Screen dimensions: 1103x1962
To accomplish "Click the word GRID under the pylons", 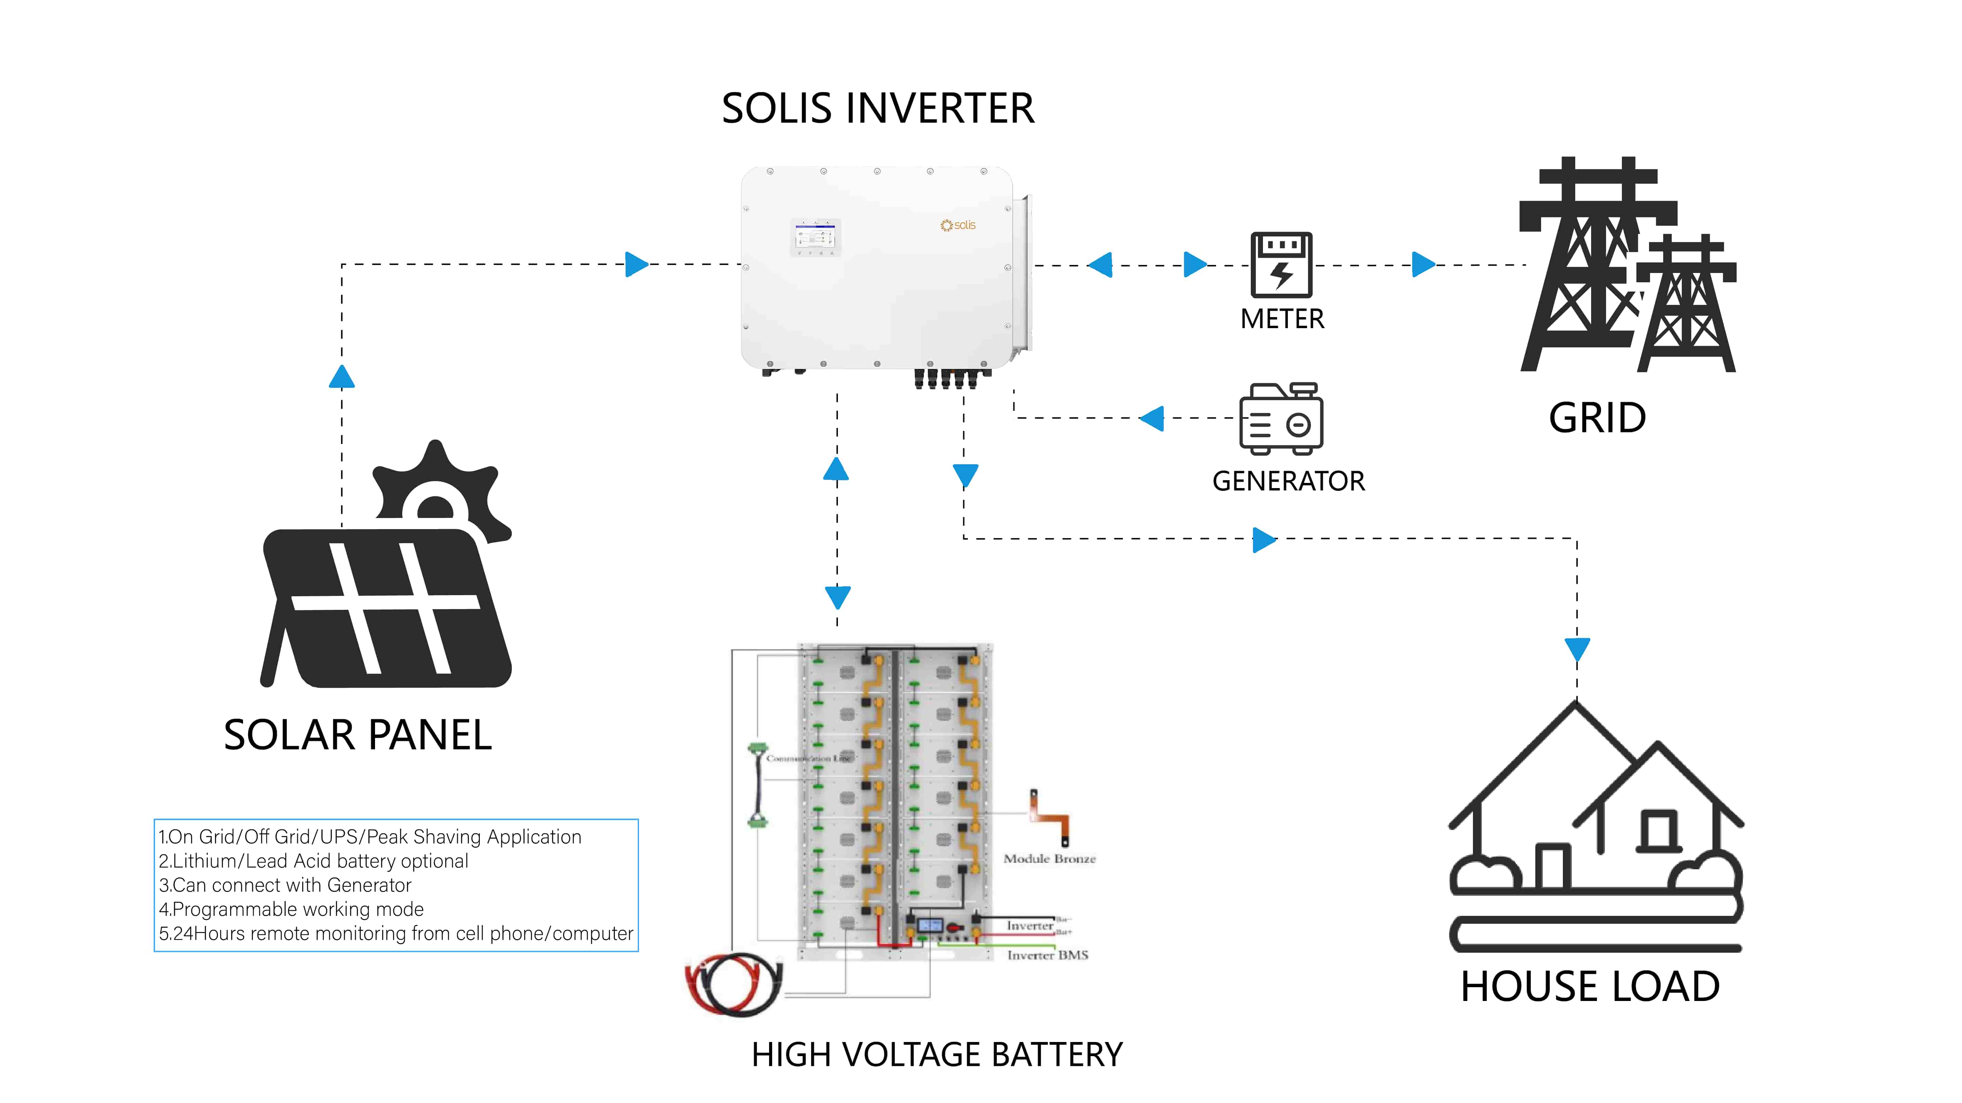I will click(1597, 418).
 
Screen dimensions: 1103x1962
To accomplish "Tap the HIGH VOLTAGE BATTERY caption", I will click(937, 1055).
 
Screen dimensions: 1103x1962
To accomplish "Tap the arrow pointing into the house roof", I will click(1577, 650).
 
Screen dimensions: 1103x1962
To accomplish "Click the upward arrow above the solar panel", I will click(342, 377).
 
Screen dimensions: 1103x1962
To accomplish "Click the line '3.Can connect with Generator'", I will click(285, 885).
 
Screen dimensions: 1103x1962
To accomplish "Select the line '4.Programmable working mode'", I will click(291, 910).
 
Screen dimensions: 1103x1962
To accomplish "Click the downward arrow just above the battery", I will click(838, 596).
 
